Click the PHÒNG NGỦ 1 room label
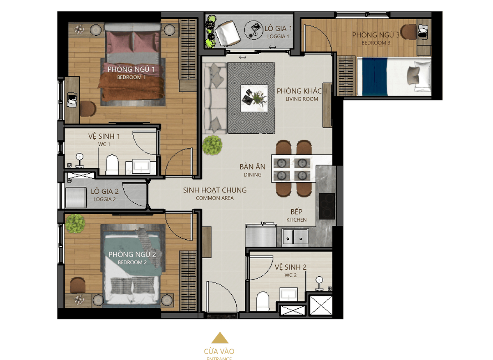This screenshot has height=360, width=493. [131, 69]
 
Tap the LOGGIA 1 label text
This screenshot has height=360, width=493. [278, 37]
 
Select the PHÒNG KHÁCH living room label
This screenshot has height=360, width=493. [302, 91]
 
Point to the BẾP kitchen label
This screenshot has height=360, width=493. [296, 211]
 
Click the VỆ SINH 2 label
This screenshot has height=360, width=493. [290, 267]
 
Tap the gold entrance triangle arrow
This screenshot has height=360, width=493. [220, 337]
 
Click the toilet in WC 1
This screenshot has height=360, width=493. [112, 165]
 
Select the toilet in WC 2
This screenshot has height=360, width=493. [263, 301]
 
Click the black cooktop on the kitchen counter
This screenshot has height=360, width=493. [327, 206]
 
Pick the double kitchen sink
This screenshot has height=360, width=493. [295, 237]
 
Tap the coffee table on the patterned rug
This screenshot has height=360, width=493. [254, 98]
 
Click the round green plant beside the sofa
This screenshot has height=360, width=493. [212, 145]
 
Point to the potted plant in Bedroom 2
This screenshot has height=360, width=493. [75, 224]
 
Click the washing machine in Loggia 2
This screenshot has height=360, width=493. [76, 197]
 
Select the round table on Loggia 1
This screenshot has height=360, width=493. [254, 30]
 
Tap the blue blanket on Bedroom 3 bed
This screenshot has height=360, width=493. [375, 76]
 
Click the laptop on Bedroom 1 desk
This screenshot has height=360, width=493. [72, 100]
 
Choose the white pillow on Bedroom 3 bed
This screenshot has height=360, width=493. [422, 76]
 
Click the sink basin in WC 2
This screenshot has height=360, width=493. [288, 294]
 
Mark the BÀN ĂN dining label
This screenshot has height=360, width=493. [252, 167]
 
